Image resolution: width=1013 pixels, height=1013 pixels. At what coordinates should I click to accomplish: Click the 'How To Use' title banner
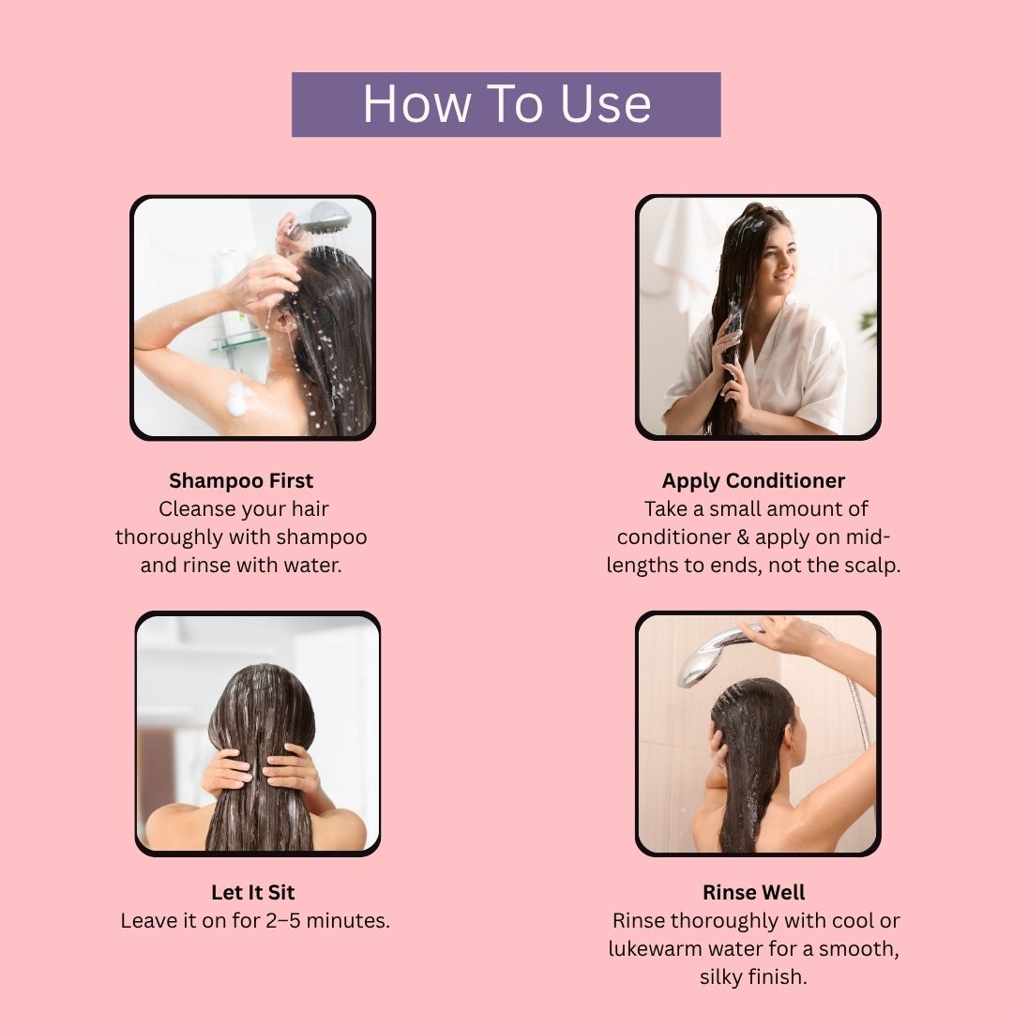[x=506, y=105]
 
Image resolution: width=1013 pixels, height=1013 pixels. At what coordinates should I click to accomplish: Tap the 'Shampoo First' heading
[x=241, y=480]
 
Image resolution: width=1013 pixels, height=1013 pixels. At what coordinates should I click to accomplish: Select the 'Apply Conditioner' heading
[x=753, y=480]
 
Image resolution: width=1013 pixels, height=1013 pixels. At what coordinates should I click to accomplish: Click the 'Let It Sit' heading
[x=252, y=892]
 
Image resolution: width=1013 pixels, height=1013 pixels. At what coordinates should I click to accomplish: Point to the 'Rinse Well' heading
[x=754, y=892]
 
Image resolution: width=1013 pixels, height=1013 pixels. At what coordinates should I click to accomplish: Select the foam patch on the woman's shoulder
[x=237, y=398]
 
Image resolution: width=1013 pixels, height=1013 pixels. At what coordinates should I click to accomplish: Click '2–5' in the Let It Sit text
[x=283, y=921]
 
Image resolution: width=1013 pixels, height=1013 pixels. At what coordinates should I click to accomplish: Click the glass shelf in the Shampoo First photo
[x=237, y=340]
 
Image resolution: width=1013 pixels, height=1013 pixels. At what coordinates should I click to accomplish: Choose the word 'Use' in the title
[x=605, y=104]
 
